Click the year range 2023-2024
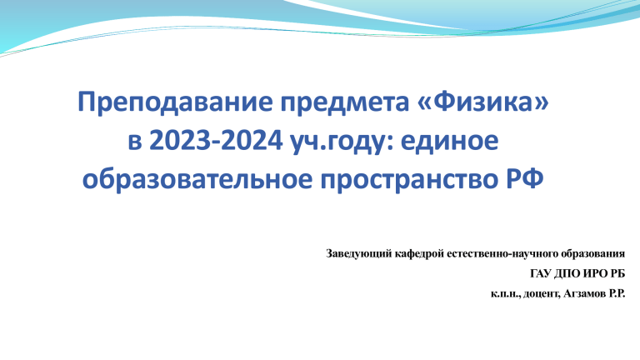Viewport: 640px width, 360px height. click(216, 141)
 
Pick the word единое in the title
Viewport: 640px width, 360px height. click(449, 141)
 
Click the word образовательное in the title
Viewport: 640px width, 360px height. click(197, 179)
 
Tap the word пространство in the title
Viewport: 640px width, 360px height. click(409, 181)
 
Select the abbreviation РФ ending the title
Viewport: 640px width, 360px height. click(524, 179)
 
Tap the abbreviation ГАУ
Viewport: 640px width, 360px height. click(540, 273)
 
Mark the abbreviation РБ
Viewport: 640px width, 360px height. click(617, 273)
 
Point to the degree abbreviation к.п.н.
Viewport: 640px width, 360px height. click(505, 294)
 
